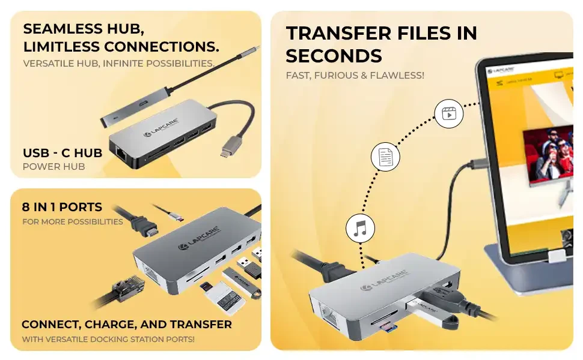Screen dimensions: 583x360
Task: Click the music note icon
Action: click(x=360, y=228)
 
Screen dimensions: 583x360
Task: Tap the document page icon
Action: click(x=386, y=157)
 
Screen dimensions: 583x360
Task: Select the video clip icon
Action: click(x=449, y=113)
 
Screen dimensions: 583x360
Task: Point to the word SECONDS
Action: click(x=334, y=56)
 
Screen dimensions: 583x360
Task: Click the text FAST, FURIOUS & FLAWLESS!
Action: click(x=355, y=76)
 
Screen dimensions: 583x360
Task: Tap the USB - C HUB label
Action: click(x=63, y=153)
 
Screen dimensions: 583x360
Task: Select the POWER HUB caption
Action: click(x=54, y=167)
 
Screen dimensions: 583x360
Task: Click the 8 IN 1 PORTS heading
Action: click(x=62, y=207)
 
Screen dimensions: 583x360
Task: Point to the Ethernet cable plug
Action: click(x=126, y=287)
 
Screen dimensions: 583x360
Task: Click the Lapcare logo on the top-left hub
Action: click(x=161, y=127)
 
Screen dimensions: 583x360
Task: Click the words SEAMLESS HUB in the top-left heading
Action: click(x=84, y=29)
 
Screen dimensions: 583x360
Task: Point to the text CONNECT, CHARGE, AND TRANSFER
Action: click(x=127, y=325)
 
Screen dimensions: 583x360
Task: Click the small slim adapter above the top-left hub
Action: click(x=136, y=106)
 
